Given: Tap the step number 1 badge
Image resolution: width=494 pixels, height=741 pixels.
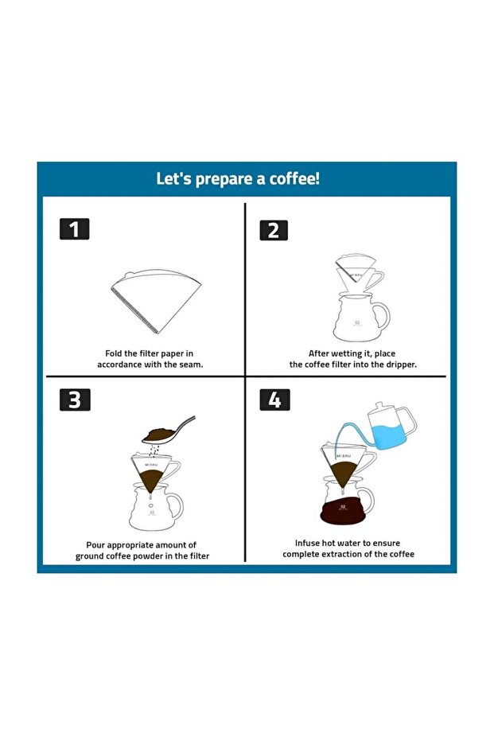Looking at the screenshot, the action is [x=74, y=229].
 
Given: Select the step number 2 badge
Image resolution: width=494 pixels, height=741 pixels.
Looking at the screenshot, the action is [x=274, y=231].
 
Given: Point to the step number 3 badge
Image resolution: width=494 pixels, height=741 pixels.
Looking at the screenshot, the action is [x=75, y=400].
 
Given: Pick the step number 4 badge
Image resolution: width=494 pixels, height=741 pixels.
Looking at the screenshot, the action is [x=275, y=400].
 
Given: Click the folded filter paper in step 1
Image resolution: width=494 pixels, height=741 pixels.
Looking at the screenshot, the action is [x=156, y=301].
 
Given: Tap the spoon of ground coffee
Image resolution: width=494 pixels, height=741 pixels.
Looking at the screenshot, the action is [x=168, y=431].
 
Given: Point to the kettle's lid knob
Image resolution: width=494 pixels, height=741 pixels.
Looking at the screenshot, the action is [x=379, y=405].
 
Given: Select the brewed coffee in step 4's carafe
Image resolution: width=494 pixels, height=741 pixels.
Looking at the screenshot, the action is [x=344, y=510].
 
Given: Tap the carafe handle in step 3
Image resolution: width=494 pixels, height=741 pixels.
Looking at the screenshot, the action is [x=175, y=505].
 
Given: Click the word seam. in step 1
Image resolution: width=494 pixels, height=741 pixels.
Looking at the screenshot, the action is [x=191, y=365].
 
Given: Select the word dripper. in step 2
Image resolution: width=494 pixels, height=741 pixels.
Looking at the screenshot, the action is [x=401, y=365].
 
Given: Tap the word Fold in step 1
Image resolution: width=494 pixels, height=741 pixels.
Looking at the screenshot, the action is [x=113, y=353].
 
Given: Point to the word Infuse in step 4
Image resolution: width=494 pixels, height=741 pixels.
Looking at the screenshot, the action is [x=307, y=543].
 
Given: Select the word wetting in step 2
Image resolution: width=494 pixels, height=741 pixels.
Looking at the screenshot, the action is [x=349, y=353].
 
